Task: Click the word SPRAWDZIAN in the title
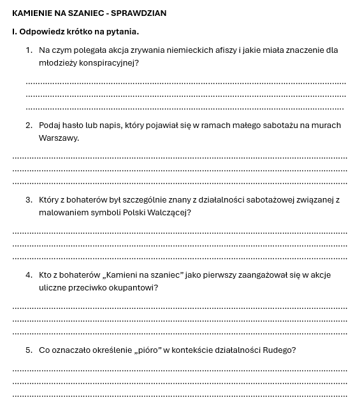(x=140, y=13)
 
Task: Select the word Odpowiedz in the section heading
(x=43, y=31)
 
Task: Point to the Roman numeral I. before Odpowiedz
(x=15, y=31)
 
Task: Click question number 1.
(x=29, y=50)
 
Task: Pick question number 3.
(x=29, y=199)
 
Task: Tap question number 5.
(x=29, y=350)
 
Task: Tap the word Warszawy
(x=59, y=138)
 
